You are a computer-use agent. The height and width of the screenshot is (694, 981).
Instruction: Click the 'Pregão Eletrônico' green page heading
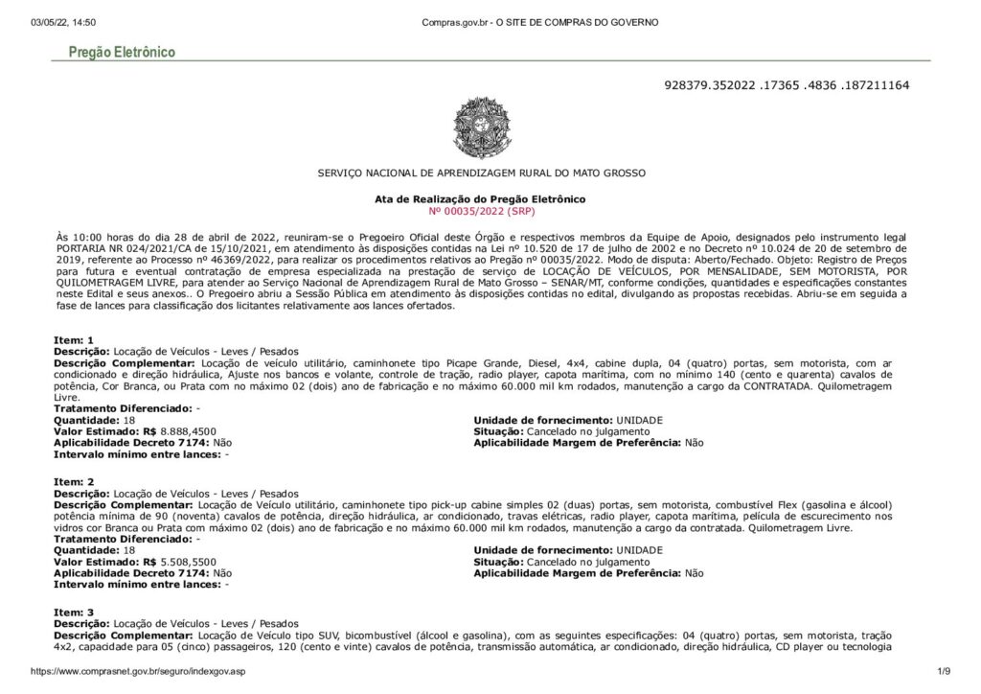(122, 52)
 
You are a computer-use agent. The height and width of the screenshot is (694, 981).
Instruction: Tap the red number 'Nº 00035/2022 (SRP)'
(481, 209)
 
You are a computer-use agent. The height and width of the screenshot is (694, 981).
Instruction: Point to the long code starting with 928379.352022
(786, 85)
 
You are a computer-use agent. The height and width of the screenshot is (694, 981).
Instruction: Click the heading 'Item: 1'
(74, 340)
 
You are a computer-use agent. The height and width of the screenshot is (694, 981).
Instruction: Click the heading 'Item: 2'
(74, 480)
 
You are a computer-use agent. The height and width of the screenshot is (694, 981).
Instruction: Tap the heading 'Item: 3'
(74, 612)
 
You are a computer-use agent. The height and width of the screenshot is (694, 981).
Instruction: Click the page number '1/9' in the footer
(943, 672)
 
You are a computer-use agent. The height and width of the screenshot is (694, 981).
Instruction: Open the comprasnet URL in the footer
(138, 672)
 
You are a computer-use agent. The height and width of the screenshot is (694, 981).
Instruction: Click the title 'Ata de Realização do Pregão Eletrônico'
(480, 198)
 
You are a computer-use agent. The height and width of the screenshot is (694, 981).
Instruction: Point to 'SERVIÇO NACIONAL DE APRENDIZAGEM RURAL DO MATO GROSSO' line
(481, 173)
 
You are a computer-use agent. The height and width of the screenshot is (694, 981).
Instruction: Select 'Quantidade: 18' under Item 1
(95, 420)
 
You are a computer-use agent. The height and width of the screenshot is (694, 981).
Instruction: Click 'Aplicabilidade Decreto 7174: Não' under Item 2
(143, 573)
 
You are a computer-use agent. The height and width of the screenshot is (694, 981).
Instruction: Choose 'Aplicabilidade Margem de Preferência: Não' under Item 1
(588, 443)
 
